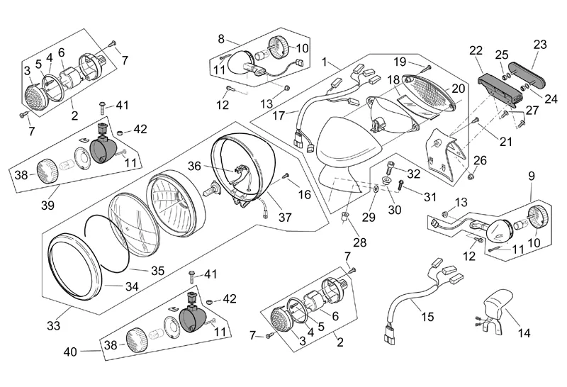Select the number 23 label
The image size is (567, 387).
click(540, 44)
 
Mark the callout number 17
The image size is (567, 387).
click(279, 114)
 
